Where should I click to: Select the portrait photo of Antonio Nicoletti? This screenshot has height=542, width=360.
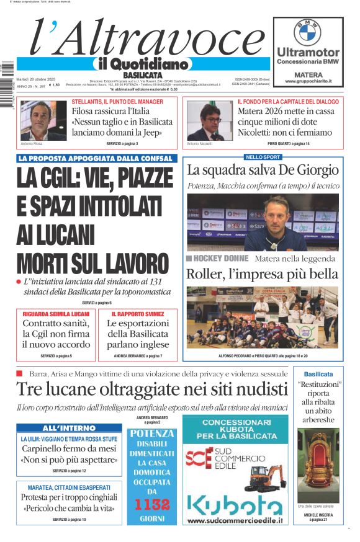(209, 120)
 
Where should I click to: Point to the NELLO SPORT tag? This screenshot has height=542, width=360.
(263, 157)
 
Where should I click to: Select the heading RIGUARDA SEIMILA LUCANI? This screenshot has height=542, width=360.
(56, 314)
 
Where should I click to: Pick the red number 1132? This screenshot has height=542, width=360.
(152, 504)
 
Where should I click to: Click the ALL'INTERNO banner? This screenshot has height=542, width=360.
(69, 428)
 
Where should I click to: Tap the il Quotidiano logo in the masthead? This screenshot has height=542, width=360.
(143, 63)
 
